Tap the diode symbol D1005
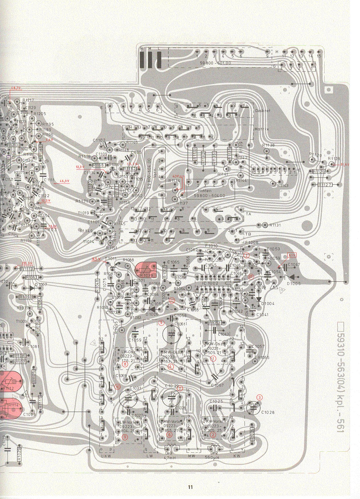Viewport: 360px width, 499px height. [x=290, y=277]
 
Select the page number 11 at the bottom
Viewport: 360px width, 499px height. [x=190, y=487]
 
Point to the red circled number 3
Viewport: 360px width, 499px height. [x=259, y=397]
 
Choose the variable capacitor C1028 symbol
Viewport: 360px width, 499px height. [x=254, y=408]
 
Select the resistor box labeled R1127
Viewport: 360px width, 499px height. [x=325, y=185]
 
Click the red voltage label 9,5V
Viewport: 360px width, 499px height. [x=96, y=259]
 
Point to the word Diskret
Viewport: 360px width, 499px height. [x=263, y=110]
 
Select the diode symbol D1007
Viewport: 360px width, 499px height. [x=32, y=288]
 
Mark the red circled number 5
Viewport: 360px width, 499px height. [x=162, y=323]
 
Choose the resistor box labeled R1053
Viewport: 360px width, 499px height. [x=215, y=323]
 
